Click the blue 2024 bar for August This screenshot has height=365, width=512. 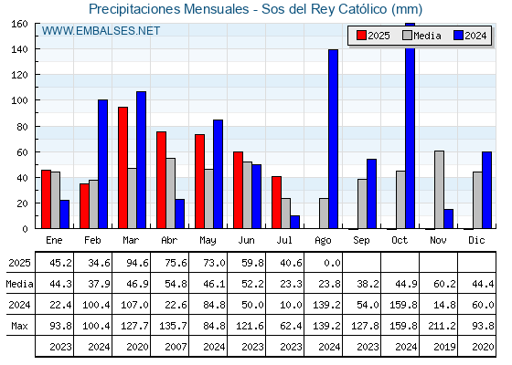coord(334,139)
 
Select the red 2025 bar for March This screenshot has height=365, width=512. coord(123,168)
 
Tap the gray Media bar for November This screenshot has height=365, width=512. coord(439,190)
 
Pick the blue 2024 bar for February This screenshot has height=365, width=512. coord(102,164)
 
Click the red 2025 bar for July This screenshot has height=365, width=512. coord(276,203)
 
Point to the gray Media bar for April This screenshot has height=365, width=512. coord(170,193)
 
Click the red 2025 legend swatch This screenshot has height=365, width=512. coord(361,36)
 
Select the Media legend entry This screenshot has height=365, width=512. coord(421,36)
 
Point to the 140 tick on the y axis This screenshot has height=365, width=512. coord(37,49)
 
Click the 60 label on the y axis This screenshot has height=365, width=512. coord(22,152)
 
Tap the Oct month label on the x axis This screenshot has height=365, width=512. coord(400,240)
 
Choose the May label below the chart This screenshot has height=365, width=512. coord(208,241)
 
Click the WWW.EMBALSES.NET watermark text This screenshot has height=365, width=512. coord(101,31)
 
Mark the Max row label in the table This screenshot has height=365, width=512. coord(19,326)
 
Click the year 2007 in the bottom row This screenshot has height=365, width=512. coord(176,347)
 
